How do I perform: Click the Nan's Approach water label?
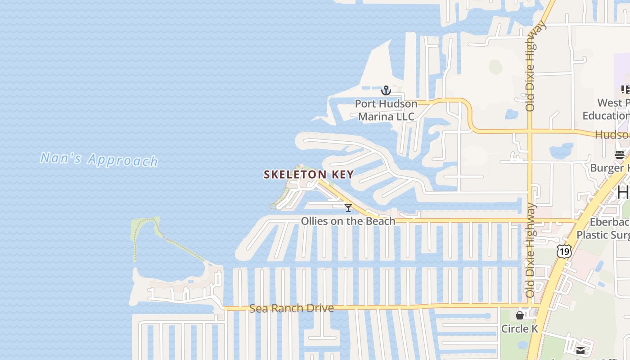(99, 159)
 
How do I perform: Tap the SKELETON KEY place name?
(309, 175)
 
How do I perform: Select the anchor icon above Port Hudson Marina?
(386, 91)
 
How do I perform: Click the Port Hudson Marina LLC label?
(386, 110)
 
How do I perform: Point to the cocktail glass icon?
(348, 208)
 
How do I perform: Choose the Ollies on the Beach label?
(348, 221)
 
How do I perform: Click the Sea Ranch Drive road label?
(292, 308)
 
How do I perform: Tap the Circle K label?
(520, 329)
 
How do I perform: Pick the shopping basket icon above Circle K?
(520, 315)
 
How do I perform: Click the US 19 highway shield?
(564, 251)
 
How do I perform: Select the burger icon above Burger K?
(620, 155)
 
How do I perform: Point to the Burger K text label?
(610, 168)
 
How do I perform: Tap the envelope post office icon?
(580, 350)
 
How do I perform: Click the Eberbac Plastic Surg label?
(603, 229)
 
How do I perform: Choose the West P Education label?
(606, 109)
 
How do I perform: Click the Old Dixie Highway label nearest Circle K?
(530, 250)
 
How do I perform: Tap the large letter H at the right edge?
(624, 192)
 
